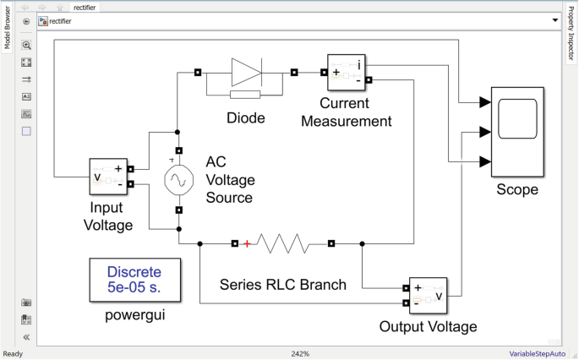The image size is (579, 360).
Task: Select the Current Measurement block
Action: click(x=345, y=74)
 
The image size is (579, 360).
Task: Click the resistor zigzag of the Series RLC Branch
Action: click(x=284, y=244)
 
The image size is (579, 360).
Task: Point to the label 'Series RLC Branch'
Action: click(x=283, y=284)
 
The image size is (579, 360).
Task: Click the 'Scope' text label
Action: click(x=516, y=189)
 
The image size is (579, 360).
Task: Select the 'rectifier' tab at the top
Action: click(x=85, y=7)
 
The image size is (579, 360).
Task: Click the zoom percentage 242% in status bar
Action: click(x=300, y=354)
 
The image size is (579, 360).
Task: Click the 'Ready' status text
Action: click(x=14, y=354)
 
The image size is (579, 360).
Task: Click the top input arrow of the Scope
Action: click(x=485, y=102)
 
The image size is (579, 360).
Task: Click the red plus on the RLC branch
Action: click(x=247, y=244)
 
